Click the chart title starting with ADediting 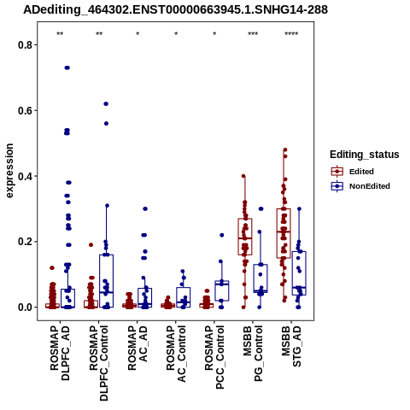pos(175,10)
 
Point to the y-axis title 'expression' pos(9,171)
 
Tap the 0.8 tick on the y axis pos(24,45)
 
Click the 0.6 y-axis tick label pos(24,110)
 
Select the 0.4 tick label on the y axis pos(24,176)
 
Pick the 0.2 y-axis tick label pos(24,242)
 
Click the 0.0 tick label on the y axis pos(24,307)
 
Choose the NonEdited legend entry pos(360,186)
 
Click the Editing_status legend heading pos(365,155)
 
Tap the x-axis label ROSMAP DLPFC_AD pos(60,353)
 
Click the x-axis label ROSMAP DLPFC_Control pos(98,363)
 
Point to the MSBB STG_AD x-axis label pos(291,347)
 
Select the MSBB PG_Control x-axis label pos(253,354)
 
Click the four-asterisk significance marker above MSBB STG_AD pos(291,34)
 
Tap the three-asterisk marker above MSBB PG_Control pos(253,34)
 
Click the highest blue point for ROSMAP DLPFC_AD pos(67,67)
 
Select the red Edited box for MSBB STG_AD pos(284,233)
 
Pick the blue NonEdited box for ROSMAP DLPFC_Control pos(106,281)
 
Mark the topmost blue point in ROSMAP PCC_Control pos(222,235)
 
